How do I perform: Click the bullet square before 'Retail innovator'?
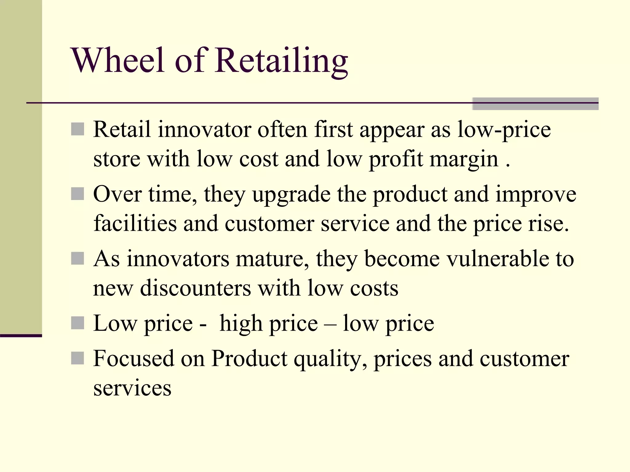(x=77, y=129)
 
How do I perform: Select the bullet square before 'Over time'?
(x=77, y=194)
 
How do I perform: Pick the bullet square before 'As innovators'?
(x=77, y=258)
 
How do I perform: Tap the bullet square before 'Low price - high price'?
(x=77, y=323)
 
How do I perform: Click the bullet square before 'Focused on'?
(x=77, y=358)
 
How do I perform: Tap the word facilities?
(x=135, y=223)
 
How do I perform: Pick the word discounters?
(x=195, y=288)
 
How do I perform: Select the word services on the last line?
(x=132, y=388)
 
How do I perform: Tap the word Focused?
(x=134, y=358)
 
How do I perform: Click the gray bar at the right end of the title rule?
(x=535, y=104)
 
